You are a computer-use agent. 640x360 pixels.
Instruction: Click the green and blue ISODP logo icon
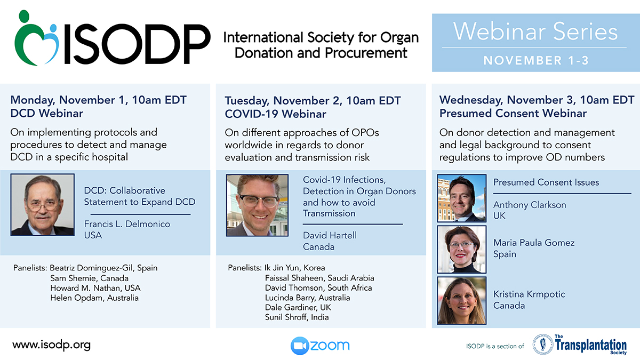pyautogui.click(x=37, y=38)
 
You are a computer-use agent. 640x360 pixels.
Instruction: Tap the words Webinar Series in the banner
pyautogui.click(x=535, y=31)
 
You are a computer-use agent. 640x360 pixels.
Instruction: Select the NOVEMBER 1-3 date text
pyautogui.click(x=536, y=60)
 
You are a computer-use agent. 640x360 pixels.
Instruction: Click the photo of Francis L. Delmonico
pyautogui.click(x=43, y=205)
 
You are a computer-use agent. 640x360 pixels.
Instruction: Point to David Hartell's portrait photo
pyautogui.click(x=257, y=205)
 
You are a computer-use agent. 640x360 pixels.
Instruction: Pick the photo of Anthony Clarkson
pyautogui.click(x=461, y=198)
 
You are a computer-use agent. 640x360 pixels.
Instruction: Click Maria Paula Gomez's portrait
pyautogui.click(x=461, y=249)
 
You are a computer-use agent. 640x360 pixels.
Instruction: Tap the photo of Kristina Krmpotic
pyautogui.click(x=461, y=300)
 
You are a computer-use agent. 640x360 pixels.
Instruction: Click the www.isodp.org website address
pyautogui.click(x=51, y=345)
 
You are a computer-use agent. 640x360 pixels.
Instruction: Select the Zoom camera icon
pyautogui.click(x=300, y=346)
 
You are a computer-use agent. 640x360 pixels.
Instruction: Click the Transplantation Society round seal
pyautogui.click(x=542, y=345)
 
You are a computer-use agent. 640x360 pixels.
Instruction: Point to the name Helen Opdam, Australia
pyautogui.click(x=94, y=298)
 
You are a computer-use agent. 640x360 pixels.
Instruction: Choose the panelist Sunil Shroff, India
pyautogui.click(x=297, y=317)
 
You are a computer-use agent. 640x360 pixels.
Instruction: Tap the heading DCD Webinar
pyautogui.click(x=47, y=114)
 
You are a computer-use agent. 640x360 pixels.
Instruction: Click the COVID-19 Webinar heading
pyautogui.click(x=275, y=114)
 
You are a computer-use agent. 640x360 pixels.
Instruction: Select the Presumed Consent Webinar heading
pyautogui.click(x=513, y=114)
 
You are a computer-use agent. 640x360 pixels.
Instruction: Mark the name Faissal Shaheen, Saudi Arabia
pyautogui.click(x=319, y=278)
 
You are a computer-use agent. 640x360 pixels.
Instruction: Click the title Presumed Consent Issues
pyautogui.click(x=546, y=182)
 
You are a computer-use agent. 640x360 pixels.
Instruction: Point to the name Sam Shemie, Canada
pyautogui.click(x=90, y=278)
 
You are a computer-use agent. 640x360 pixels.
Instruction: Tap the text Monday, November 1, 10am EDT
pyautogui.click(x=99, y=100)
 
